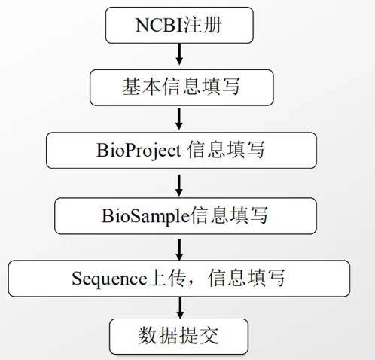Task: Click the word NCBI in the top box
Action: (x=159, y=25)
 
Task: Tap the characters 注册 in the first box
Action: (x=203, y=25)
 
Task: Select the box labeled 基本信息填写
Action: (x=181, y=87)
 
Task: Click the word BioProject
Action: (x=139, y=151)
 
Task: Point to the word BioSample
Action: (x=145, y=216)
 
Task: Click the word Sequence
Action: (x=109, y=279)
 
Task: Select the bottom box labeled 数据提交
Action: (x=178, y=337)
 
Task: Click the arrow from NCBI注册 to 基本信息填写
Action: (x=179, y=54)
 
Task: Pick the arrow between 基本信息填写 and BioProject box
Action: (x=179, y=119)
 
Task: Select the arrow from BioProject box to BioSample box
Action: (x=179, y=185)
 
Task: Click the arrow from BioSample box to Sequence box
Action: (x=179, y=250)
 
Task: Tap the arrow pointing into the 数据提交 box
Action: (x=180, y=308)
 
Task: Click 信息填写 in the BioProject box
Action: (x=226, y=150)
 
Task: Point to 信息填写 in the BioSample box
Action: (x=229, y=215)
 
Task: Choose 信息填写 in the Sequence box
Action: (x=246, y=278)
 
